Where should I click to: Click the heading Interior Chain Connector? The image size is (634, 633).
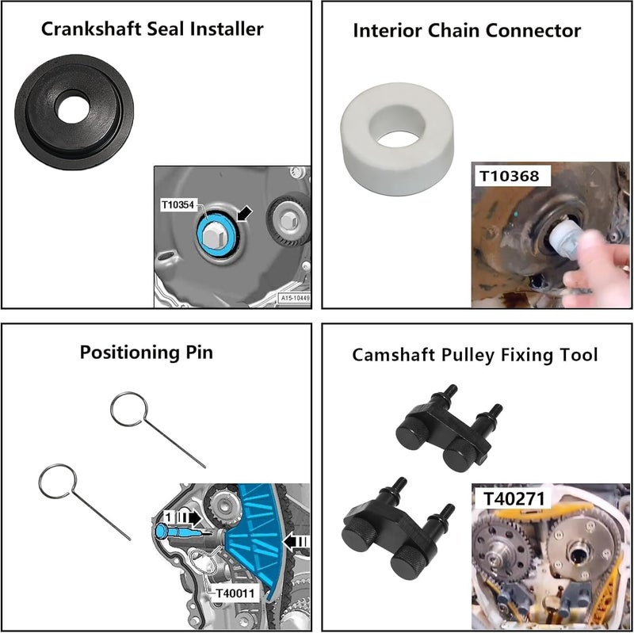467,31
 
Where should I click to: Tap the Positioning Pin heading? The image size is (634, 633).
147,352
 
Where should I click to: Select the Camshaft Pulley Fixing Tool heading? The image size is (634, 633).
475,355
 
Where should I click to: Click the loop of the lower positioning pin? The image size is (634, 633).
56,482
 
